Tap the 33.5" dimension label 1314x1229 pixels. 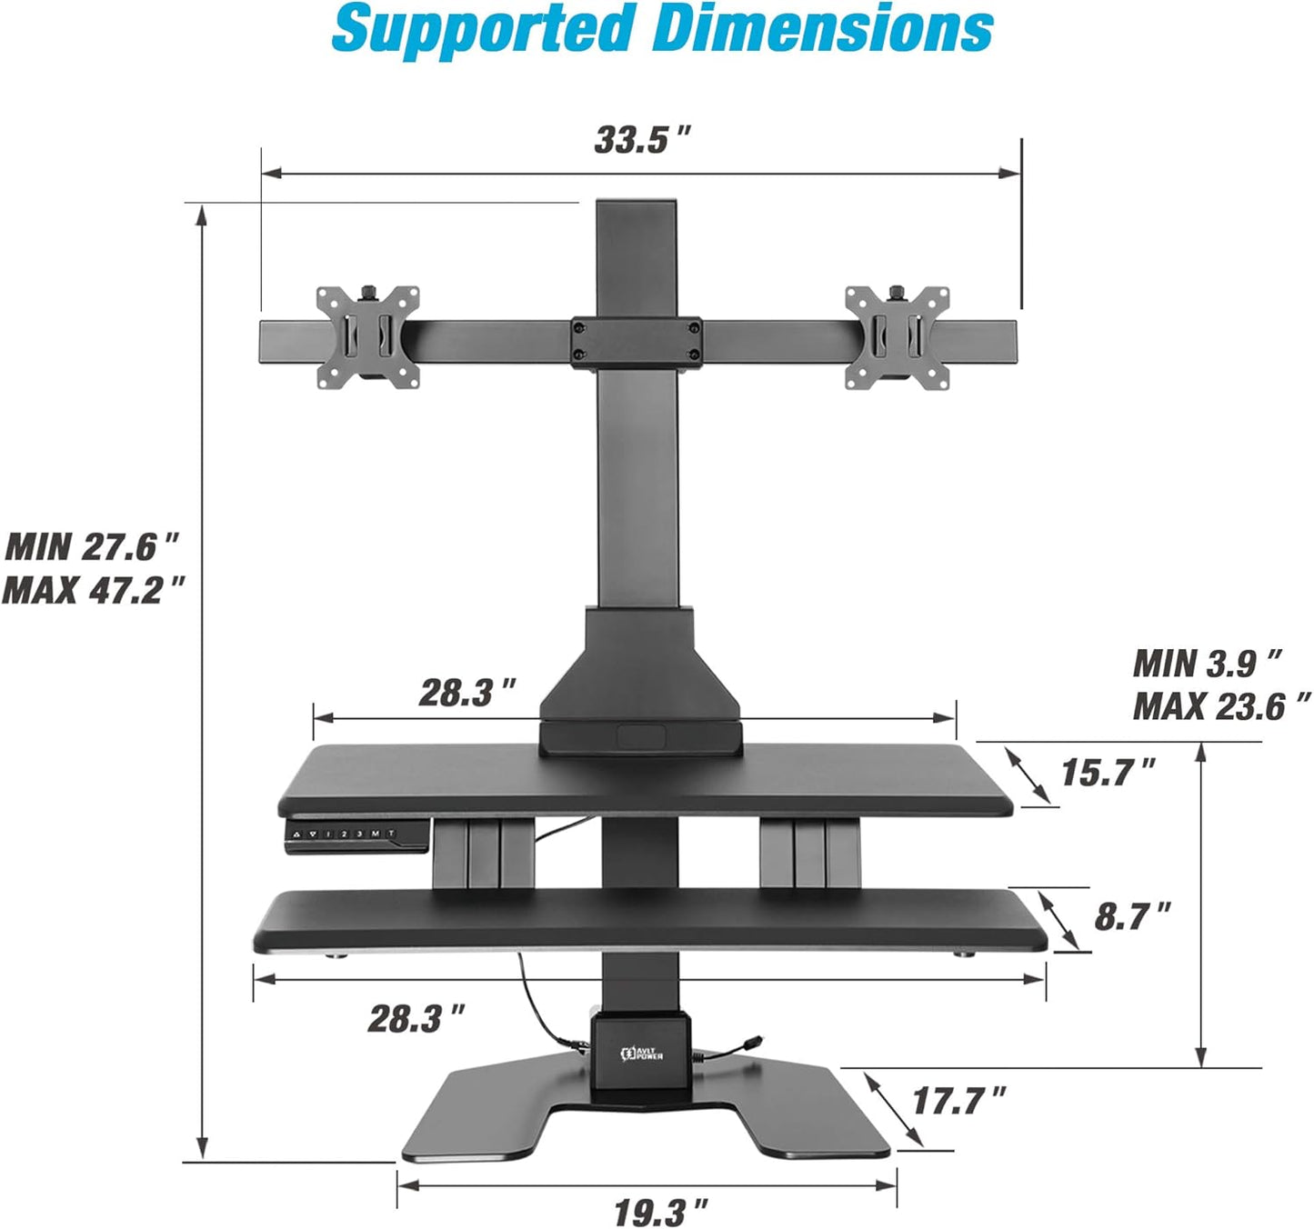[642, 140]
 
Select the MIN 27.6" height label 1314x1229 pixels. [91, 546]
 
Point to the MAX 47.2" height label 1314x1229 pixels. [93, 589]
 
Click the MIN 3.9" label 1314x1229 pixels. [1208, 663]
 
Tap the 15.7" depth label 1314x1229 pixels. [1108, 772]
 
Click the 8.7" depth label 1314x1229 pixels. [1132, 916]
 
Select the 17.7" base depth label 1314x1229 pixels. [959, 1100]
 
